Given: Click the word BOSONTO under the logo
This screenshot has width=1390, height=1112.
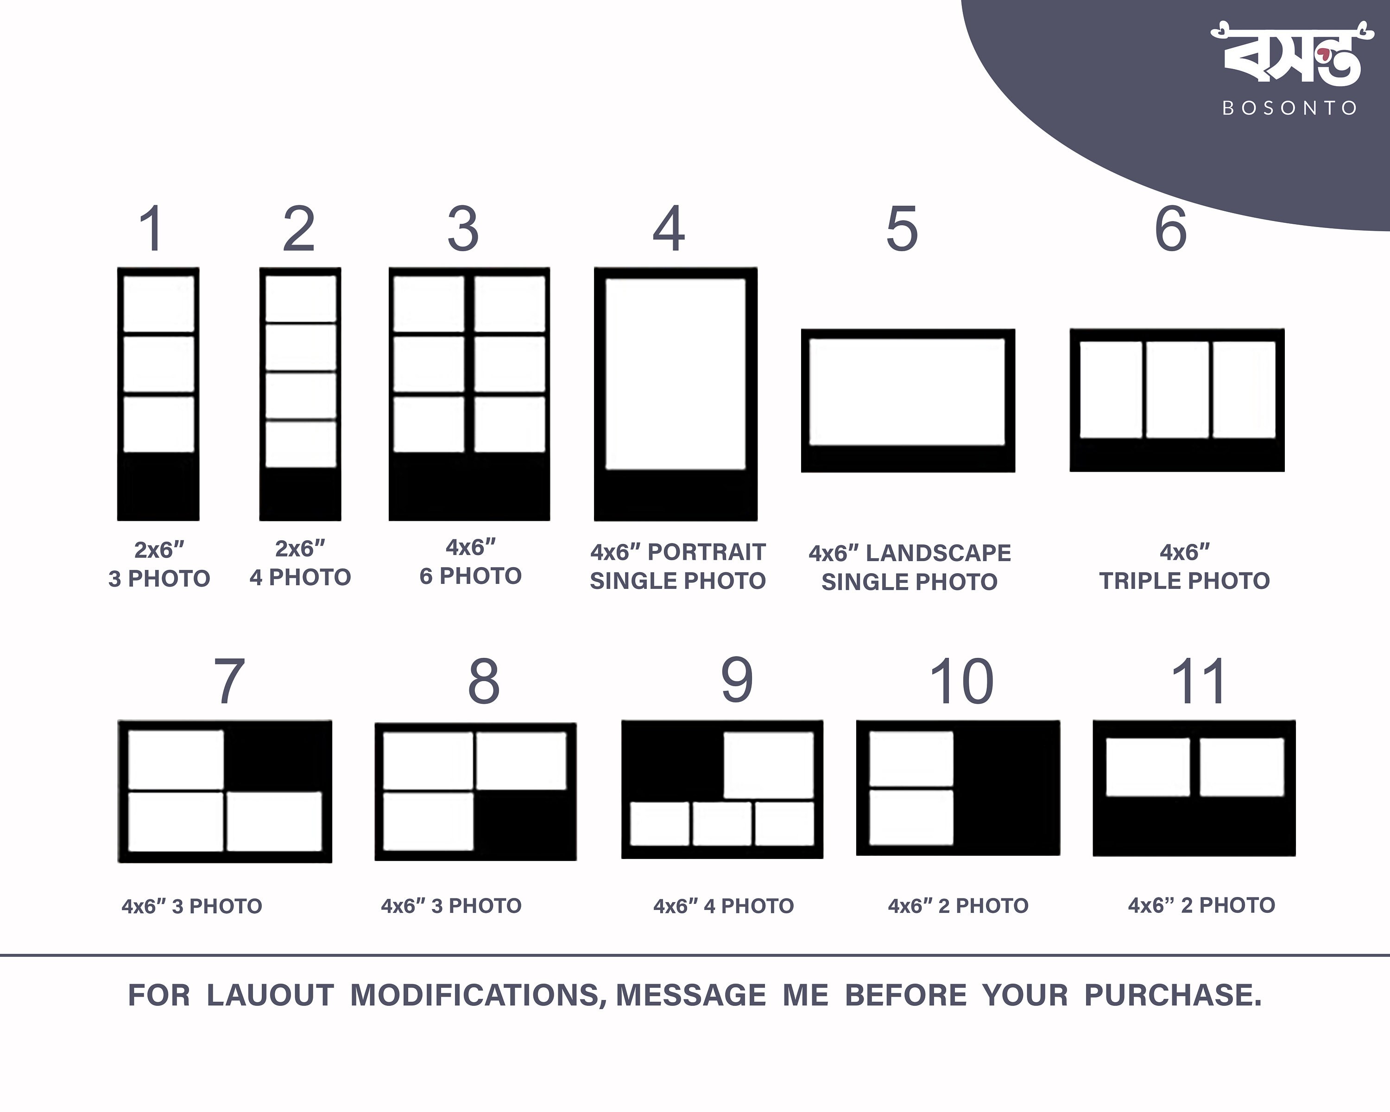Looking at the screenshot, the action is pyautogui.click(x=1290, y=107).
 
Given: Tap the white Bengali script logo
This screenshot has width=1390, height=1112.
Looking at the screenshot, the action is pyautogui.click(x=1292, y=54).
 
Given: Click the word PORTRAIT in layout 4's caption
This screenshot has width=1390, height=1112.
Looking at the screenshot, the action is pyautogui.click(x=707, y=552).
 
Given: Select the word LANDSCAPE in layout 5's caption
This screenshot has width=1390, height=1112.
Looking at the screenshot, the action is pyautogui.click(x=938, y=553).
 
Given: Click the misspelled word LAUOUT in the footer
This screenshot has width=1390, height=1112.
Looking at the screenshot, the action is pyautogui.click(x=270, y=995).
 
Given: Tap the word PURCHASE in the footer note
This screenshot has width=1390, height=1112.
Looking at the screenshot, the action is pyautogui.click(x=1172, y=995).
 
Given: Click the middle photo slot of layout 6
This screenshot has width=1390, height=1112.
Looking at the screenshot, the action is pyautogui.click(x=1177, y=389).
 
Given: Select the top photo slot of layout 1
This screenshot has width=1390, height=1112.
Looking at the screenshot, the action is pyautogui.click(x=158, y=304).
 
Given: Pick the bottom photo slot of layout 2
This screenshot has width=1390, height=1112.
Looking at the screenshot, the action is pyautogui.click(x=300, y=444).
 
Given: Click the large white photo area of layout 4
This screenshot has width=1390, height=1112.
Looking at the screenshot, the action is pyautogui.click(x=676, y=374).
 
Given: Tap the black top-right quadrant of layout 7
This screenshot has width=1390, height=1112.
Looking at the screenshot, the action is pyautogui.click(x=278, y=756).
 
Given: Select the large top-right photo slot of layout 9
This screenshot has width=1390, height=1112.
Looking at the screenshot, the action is pyautogui.click(x=769, y=765).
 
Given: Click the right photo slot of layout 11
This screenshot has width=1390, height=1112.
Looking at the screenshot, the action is pyautogui.click(x=1242, y=767).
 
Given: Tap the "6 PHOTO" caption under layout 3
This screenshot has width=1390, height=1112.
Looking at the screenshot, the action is pyautogui.click(x=470, y=575).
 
